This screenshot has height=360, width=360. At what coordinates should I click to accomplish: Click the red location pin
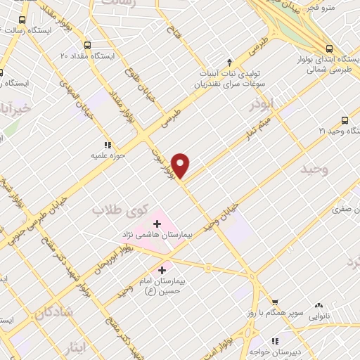tap(181, 165)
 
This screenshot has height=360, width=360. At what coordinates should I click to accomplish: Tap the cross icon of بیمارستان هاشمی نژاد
tap(156, 224)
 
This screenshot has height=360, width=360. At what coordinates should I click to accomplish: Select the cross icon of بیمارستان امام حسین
tap(162, 269)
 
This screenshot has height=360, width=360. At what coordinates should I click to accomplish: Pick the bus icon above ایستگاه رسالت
tap(22, 20)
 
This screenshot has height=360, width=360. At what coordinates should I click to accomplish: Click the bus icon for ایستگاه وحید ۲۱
tap(345, 120)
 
